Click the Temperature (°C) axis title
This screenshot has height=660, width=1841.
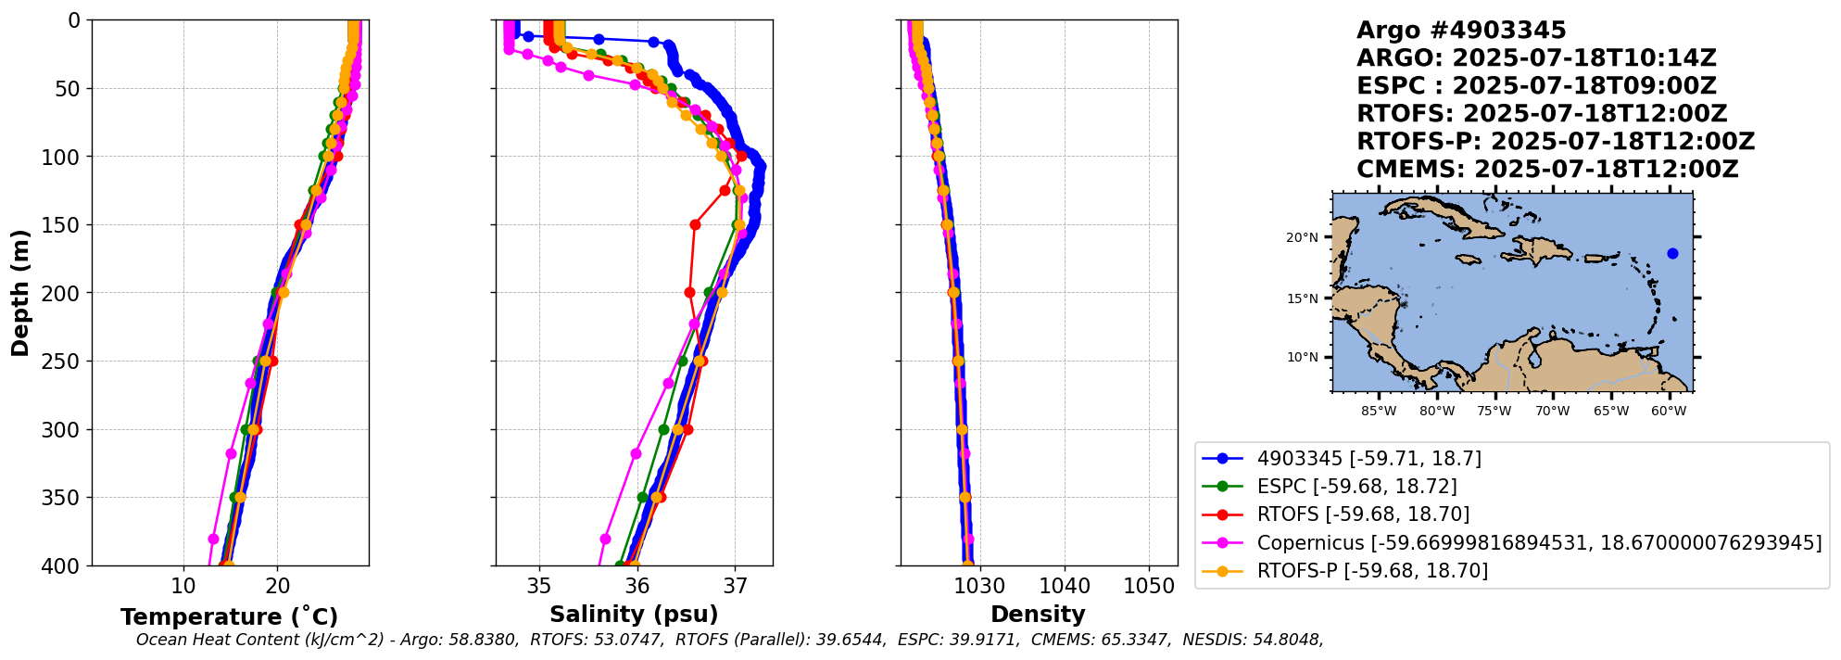coord(229,616)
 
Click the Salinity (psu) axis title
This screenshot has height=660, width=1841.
coord(634,614)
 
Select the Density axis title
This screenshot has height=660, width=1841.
coord(1038,614)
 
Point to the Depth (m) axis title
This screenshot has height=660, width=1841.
coord(20,293)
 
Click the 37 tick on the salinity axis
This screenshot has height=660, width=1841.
coord(735,586)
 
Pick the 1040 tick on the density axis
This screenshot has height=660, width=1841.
coord(1065,586)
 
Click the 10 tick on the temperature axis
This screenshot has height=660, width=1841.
coord(183,586)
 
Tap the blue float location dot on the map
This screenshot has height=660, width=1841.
coord(1672,253)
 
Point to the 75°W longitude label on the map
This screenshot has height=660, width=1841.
coord(1494,411)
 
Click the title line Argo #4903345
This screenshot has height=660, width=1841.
coord(1461,31)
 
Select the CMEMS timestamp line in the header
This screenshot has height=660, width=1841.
coord(1547,170)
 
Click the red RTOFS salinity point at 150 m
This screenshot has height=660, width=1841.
coord(695,224)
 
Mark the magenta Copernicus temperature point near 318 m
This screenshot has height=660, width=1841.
coord(232,453)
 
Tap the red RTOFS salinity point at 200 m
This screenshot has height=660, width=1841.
coord(689,292)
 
